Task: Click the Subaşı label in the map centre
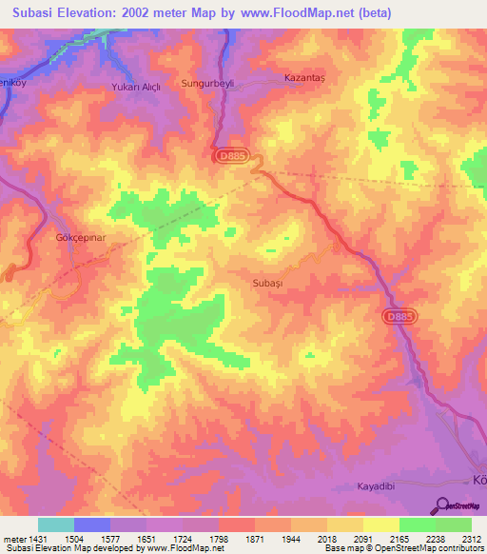tap(268, 283)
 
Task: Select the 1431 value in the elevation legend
tap(38, 538)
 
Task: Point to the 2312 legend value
tap(471, 538)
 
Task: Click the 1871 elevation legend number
tap(255, 538)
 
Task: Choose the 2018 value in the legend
tap(326, 538)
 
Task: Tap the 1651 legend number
tap(146, 538)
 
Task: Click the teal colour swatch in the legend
tap(56, 524)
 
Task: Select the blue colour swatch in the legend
tap(92, 524)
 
